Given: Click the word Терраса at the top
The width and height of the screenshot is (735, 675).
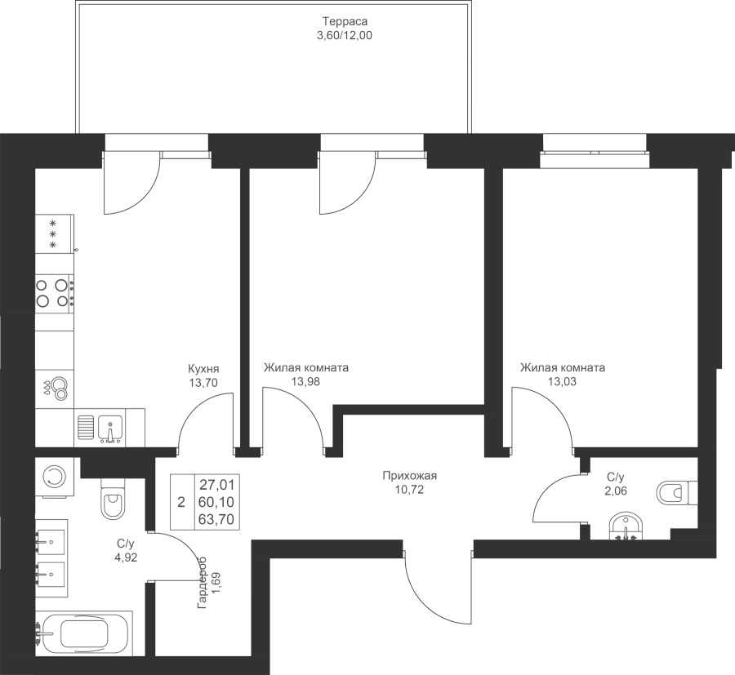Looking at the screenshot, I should point(340,23).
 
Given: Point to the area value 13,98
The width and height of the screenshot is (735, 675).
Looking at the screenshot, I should point(306,381).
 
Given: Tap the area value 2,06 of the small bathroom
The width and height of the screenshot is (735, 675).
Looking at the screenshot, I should point(617,490).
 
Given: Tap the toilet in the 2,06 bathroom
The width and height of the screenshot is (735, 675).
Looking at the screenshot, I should point(676,492).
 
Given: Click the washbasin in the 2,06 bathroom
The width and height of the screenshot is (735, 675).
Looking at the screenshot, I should point(627,526).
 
